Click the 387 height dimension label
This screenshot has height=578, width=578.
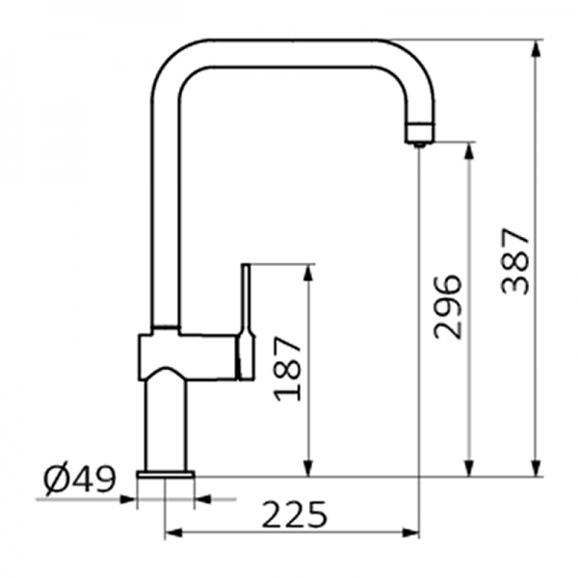coord(517,260)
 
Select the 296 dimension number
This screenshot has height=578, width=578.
coord(449,306)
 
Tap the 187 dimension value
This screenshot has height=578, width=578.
coord(288,369)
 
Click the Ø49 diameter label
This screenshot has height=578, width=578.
coord(80,478)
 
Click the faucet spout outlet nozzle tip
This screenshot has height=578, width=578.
coord(419,143)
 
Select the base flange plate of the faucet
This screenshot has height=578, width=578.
coord(166,474)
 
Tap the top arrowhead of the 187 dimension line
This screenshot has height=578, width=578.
coord(307,273)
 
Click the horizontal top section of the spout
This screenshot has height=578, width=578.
coord(289,53)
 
